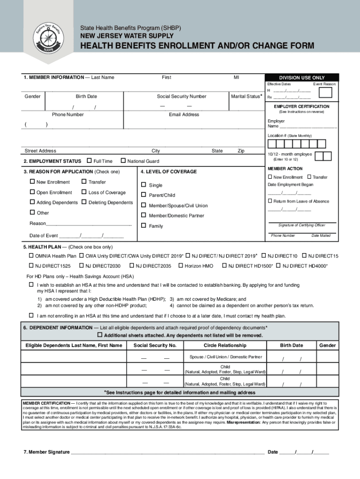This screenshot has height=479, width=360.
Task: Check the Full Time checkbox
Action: coord(90,161)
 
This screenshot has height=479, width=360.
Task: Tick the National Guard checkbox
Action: coord(123,161)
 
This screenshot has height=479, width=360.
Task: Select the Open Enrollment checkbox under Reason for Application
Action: coord(32,192)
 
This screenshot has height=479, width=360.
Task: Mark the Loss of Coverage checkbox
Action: coord(84,192)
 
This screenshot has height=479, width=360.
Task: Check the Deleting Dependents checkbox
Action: coord(84,203)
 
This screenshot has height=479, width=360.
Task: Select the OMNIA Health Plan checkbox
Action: coord(31,256)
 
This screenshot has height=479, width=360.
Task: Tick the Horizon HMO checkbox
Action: coord(180,266)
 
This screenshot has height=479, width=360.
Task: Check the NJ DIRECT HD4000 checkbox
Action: coord(279,266)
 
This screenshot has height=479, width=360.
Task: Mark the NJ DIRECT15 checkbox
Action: coord(304,256)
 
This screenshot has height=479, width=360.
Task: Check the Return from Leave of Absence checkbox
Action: coord(270,201)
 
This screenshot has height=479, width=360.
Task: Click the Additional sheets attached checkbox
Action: coord(99,335)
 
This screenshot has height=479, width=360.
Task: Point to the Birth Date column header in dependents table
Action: coord(291,345)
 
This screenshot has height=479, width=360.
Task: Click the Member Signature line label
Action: coord(46,452)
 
